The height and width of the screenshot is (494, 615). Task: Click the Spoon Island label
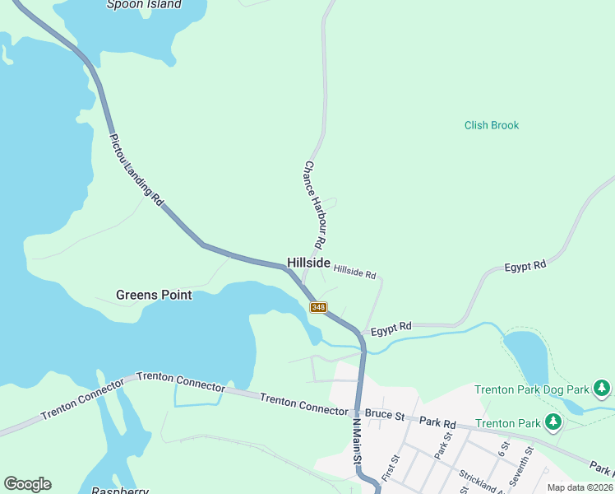(x=144, y=4)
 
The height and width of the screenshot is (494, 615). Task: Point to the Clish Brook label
(x=492, y=125)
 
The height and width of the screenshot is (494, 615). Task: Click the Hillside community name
(x=308, y=263)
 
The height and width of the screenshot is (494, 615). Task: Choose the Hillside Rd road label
(x=355, y=271)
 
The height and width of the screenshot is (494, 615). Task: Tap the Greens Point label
(x=154, y=295)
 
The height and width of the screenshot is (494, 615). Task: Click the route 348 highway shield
(x=319, y=307)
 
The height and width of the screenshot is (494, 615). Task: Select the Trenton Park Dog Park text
(x=532, y=389)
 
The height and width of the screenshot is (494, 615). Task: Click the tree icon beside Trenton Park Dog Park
(x=603, y=387)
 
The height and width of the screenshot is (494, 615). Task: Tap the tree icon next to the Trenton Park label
(x=554, y=423)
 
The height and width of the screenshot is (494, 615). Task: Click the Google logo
(x=27, y=484)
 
